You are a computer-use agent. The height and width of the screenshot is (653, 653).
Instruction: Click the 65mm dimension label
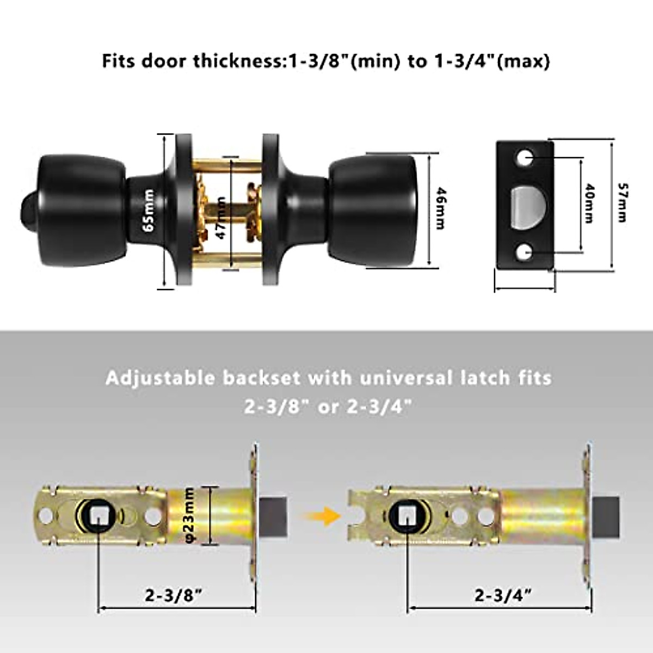(x=149, y=211)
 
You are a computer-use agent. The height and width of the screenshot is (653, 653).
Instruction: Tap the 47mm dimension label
(x=220, y=218)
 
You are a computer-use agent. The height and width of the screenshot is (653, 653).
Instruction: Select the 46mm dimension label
(x=440, y=209)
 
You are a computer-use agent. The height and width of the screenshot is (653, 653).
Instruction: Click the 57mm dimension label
(x=622, y=202)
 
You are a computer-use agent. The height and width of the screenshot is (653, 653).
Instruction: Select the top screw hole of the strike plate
(x=526, y=158)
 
